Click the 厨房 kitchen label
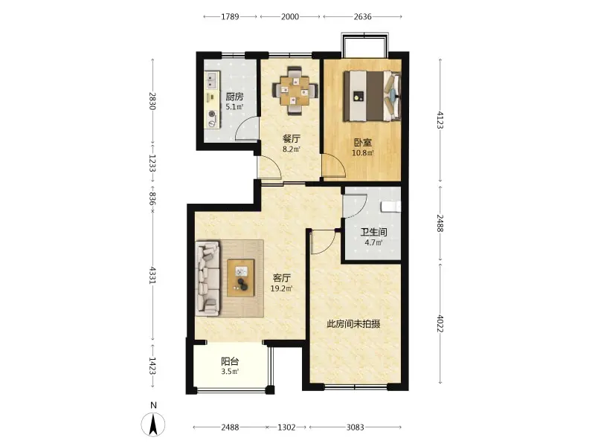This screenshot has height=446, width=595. click(234, 97)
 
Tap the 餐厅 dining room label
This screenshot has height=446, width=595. click(292, 139)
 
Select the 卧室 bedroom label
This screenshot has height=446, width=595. click(363, 143)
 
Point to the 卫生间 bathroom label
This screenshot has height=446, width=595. click(373, 232)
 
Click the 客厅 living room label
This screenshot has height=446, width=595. click(282, 278)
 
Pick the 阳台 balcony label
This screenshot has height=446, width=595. click(230, 361)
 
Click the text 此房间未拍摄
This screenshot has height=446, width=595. click(354, 324)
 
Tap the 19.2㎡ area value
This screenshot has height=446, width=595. click(282, 288)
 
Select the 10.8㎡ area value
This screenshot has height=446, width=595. click(363, 153)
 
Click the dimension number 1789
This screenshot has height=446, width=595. click(231, 16)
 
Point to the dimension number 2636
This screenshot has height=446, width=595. click(362, 16)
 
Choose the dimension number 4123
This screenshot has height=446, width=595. click(440, 120)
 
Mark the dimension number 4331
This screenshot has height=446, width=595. click(152, 276)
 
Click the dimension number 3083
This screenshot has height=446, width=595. click(356, 427)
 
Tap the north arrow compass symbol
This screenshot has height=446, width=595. click(153, 424)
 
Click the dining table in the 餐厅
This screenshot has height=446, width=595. click(294, 91)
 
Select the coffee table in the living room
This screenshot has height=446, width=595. click(241, 277)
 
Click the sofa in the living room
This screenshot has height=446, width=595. click(208, 278)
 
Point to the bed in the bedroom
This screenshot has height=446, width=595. click(373, 96)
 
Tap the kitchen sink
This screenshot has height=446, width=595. click(211, 80)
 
